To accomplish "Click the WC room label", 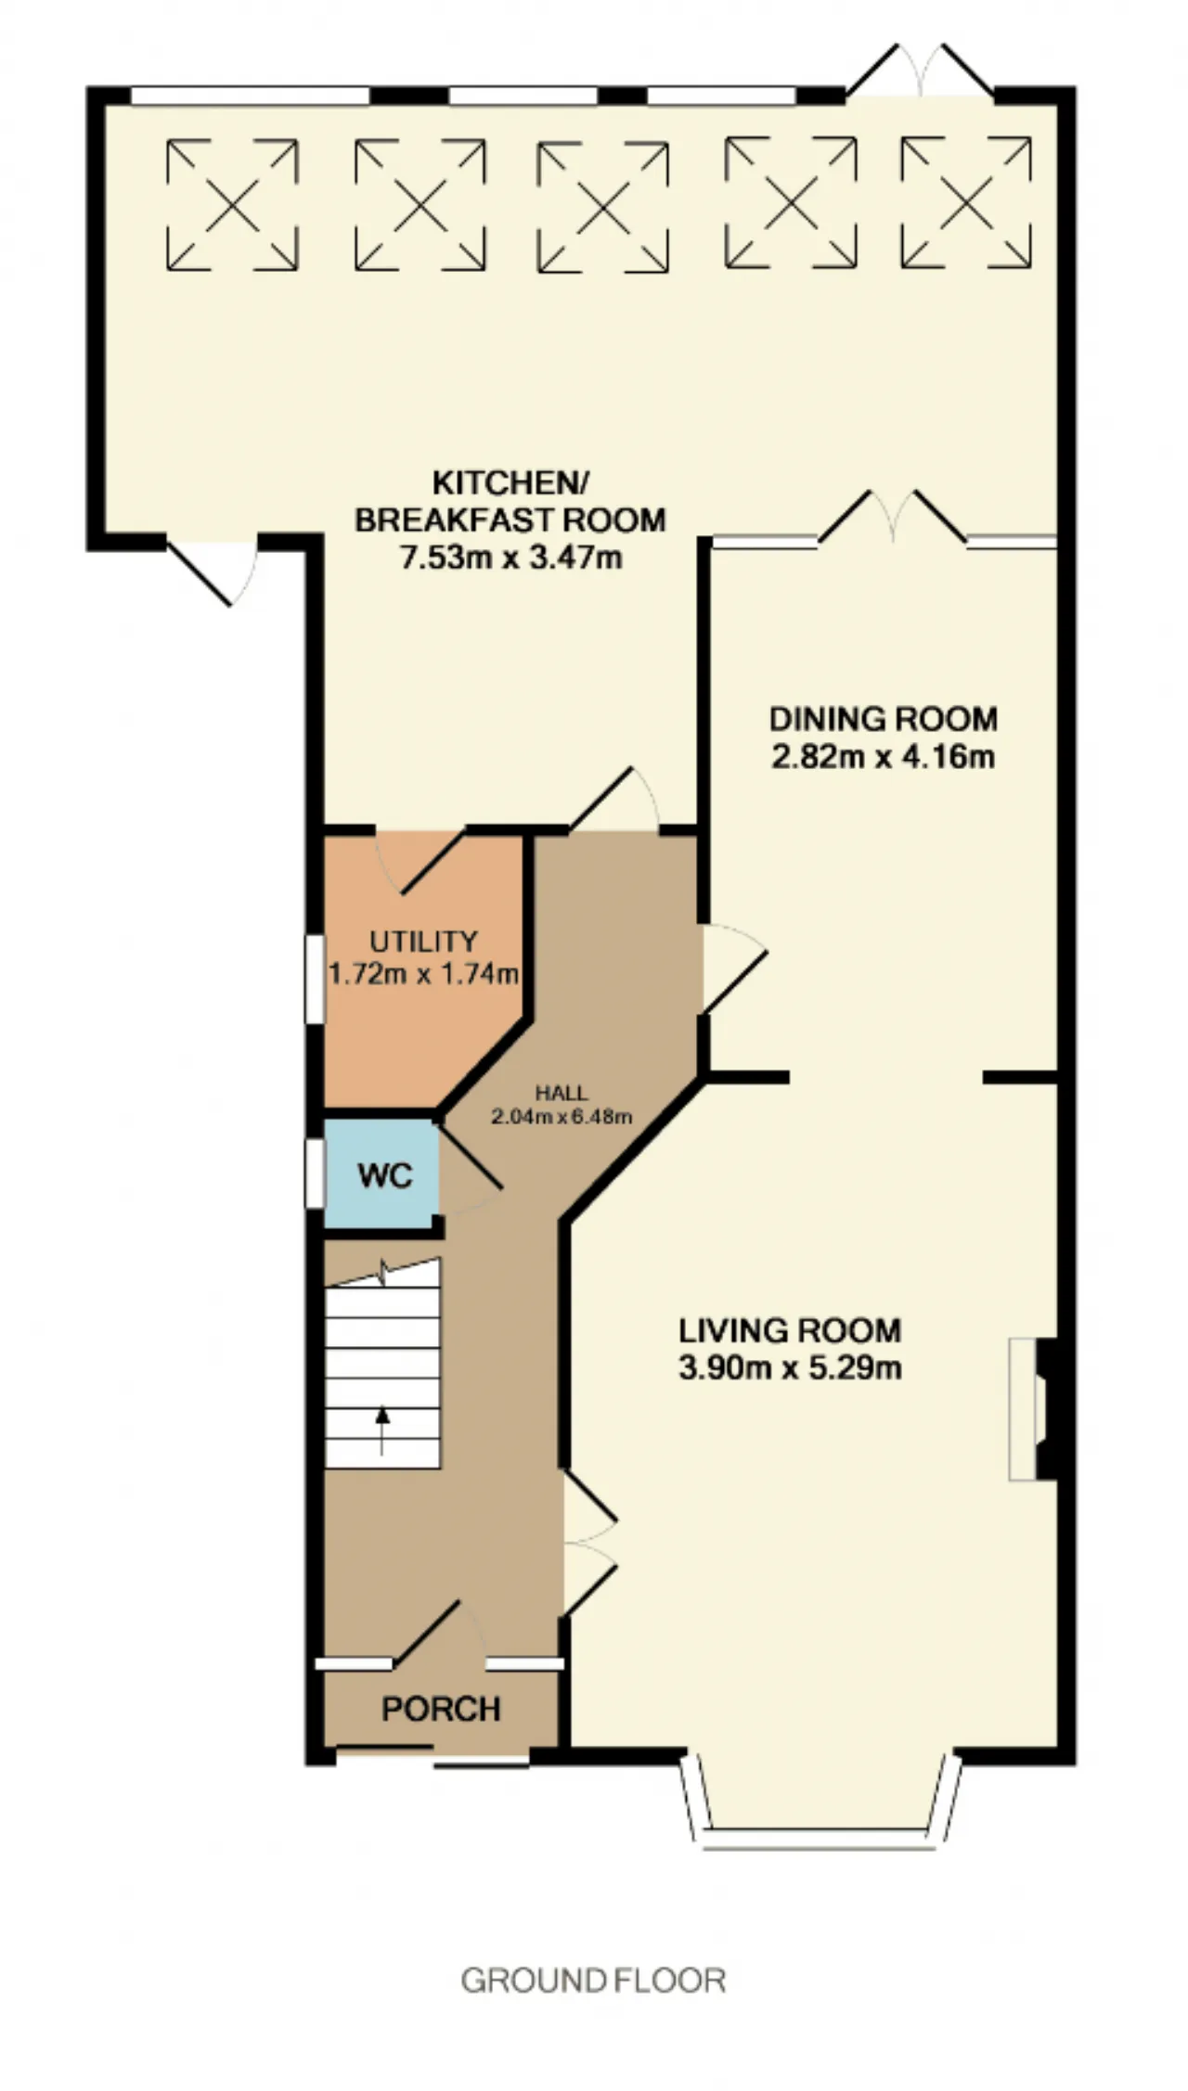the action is point(384,1176).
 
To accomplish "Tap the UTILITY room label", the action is point(423,942).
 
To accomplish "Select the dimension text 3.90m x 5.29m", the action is point(790,1368).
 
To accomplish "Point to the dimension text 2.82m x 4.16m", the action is point(883,757).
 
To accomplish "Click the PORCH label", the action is point(441,1709).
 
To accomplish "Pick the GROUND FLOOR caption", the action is point(593,1981).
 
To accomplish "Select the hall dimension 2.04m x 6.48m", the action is point(562,1117).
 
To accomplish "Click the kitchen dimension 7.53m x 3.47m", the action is point(510,558).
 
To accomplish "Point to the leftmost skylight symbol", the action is point(232,204).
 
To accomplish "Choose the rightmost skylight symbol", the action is point(966,202).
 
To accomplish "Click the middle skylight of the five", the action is point(603,207).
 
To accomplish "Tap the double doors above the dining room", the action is point(893,517).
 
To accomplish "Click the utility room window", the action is point(316,980).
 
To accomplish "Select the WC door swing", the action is point(469,1167).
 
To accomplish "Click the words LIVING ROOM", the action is point(790,1331).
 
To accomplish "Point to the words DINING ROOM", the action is point(884,719).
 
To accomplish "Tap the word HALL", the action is point(562,1094).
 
